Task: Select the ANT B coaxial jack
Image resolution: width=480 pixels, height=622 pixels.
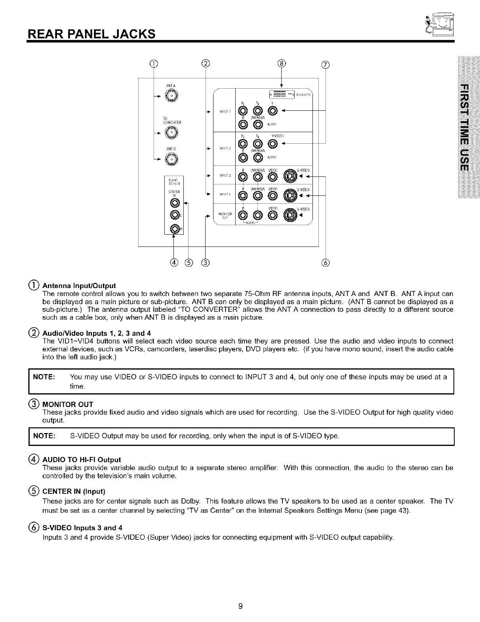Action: [171, 159]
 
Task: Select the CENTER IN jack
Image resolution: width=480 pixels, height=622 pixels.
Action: [174, 203]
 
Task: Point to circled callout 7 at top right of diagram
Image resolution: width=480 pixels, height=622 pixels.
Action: [325, 65]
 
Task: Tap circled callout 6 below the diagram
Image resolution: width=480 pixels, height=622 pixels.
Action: [325, 262]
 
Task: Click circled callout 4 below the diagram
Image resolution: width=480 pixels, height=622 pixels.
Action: [174, 262]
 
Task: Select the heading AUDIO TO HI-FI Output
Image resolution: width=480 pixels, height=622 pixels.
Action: [81, 459]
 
